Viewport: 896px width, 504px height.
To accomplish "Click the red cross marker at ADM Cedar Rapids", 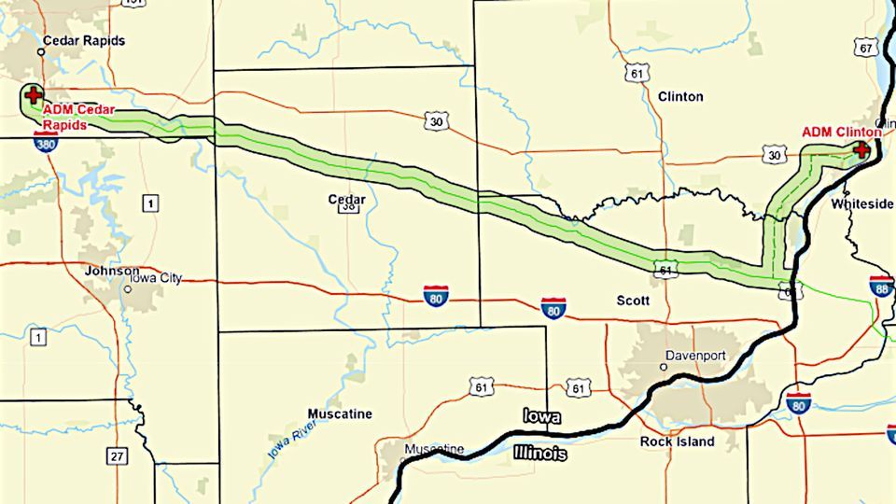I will pyautogui.click(x=34, y=94).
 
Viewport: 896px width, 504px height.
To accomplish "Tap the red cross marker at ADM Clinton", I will pyautogui.click(x=861, y=149).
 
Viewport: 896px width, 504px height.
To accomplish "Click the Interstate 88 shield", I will pyautogui.click(x=881, y=287).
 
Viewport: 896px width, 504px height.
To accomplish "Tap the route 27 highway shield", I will pyautogui.click(x=116, y=456).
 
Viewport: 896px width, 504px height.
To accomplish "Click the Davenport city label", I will pyautogui.click(x=695, y=355).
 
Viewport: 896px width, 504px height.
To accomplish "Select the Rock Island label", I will pyautogui.click(x=677, y=441).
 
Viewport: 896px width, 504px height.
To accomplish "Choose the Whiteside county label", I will pyautogui.click(x=861, y=203).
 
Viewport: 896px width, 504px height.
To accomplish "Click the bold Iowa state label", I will pyautogui.click(x=541, y=416).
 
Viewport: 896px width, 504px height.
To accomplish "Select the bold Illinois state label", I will pyautogui.click(x=539, y=454).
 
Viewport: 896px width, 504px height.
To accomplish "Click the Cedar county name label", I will pyautogui.click(x=346, y=200).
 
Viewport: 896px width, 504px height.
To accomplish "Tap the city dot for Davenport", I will pyautogui.click(x=664, y=367).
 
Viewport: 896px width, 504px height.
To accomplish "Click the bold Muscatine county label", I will pyautogui.click(x=340, y=413).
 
